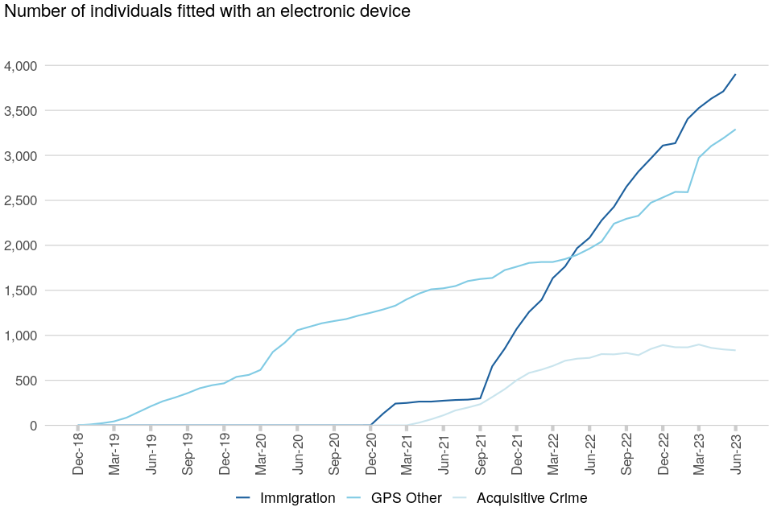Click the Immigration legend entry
pyautogui.click(x=297, y=498)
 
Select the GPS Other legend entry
pyautogui.click(x=406, y=498)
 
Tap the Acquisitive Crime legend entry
pyautogui.click(x=531, y=498)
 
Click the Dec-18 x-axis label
pyautogui.click(x=78, y=455)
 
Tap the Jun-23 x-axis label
pyautogui.click(x=735, y=455)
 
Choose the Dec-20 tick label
pyautogui.click(x=370, y=455)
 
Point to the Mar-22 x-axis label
pyautogui.click(x=553, y=455)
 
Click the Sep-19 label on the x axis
pyautogui.click(x=188, y=455)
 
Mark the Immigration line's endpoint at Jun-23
pyautogui.click(x=735, y=75)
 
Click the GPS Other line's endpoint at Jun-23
pyautogui.click(x=735, y=130)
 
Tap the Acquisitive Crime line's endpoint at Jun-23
pyautogui.click(x=735, y=350)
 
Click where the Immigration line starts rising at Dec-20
pyautogui.click(x=370, y=425)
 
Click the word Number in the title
pyautogui.click(x=31, y=11)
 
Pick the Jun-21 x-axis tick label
pyautogui.click(x=444, y=455)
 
